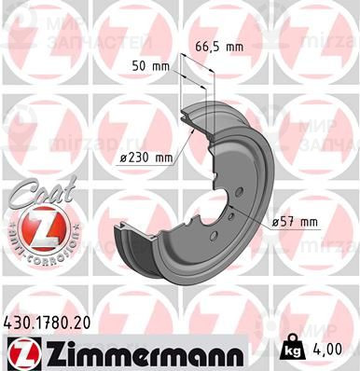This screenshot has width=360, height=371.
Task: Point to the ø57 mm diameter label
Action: pyautogui.click(x=296, y=221)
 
